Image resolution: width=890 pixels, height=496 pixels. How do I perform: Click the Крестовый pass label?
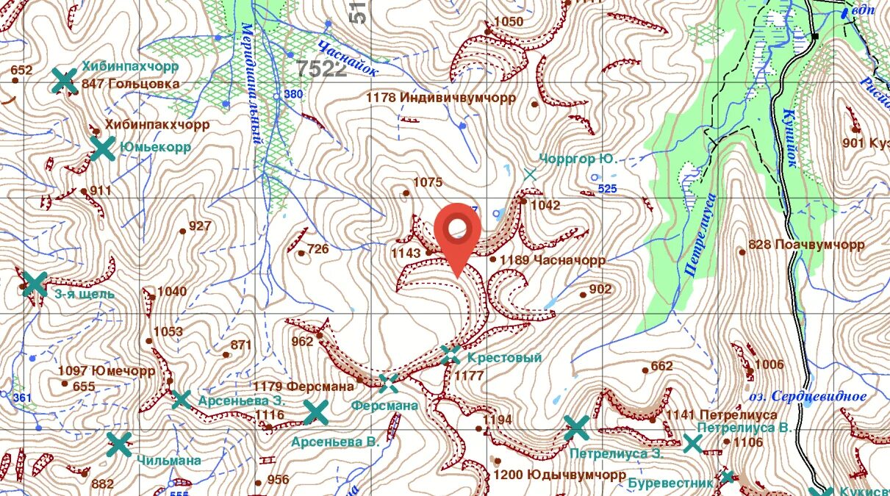(504, 358)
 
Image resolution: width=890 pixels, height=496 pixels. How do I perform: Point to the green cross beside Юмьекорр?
(102, 148)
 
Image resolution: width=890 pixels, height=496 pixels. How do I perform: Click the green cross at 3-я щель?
(34, 284)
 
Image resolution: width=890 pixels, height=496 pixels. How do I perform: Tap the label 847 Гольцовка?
(132, 84)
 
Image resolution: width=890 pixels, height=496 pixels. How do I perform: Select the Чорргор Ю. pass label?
(576, 159)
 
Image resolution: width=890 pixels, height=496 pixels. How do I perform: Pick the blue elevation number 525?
(607, 189)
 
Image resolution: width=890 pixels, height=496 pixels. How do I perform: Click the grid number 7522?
(322, 69)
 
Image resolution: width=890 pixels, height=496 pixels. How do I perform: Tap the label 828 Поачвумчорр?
(806, 245)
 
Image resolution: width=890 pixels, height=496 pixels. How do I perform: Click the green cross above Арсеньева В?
(316, 412)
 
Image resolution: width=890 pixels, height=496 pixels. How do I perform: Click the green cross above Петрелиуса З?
(577, 427)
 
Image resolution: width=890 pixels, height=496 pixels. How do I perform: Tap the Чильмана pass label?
(168, 460)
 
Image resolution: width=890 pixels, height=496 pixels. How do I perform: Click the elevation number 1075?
(428, 182)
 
